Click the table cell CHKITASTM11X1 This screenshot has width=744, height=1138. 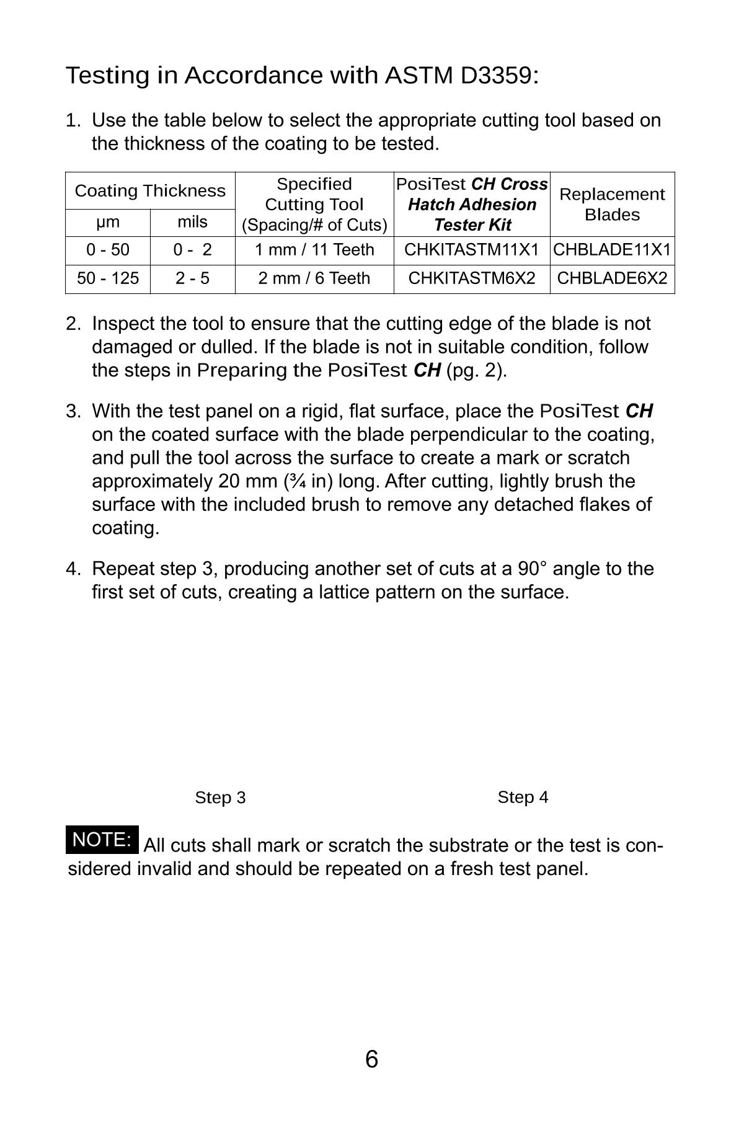point(472,250)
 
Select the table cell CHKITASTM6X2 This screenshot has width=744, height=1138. point(472,278)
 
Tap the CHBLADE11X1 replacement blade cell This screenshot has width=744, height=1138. point(612,250)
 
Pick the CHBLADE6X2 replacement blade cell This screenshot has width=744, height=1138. point(612,278)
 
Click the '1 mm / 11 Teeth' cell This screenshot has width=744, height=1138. point(314,250)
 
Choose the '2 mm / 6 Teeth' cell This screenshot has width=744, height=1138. point(314,278)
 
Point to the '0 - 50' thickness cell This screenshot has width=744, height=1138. point(108,250)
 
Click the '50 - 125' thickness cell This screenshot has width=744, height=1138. point(108,278)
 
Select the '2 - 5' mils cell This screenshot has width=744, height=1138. point(193,278)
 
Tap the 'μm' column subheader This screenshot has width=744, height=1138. point(108,222)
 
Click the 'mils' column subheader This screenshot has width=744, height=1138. point(193,222)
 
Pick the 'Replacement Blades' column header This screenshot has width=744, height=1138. point(612,204)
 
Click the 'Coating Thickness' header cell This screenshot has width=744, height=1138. point(150,191)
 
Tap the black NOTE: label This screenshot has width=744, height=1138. point(102,840)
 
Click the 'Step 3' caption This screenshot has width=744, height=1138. point(220,798)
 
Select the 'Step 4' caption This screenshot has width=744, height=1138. point(523,797)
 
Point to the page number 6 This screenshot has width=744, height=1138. point(371,1059)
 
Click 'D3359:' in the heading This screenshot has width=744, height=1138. point(500,76)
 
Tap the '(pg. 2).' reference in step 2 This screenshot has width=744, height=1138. point(477,371)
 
